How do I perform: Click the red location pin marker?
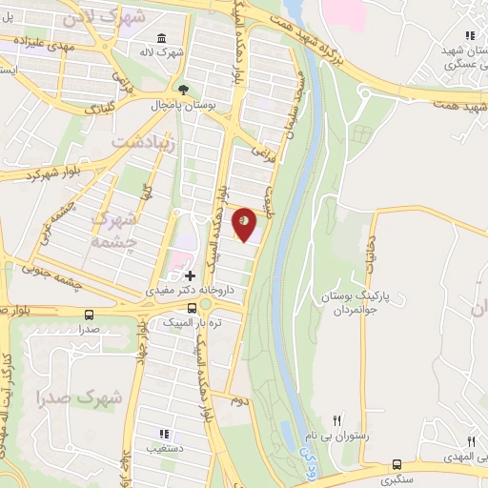coord(246,224)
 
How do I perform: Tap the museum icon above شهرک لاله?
coord(159,38)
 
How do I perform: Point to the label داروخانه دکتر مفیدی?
coord(190,287)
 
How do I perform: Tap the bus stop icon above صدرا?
coord(90,314)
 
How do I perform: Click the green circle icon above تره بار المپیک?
coord(203,306)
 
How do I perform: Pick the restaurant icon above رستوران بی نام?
coord(335,419)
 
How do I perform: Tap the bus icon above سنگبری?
coord(396,464)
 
